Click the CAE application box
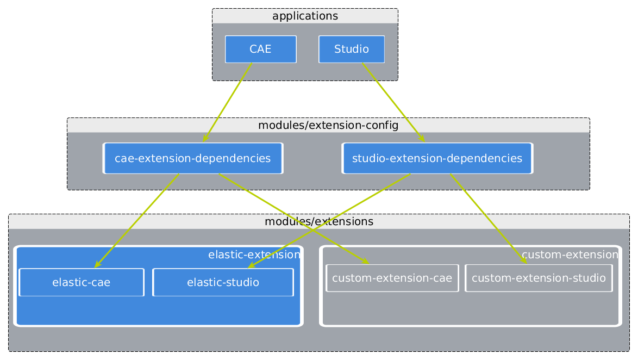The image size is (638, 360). coord(260,49)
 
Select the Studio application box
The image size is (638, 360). coord(351,49)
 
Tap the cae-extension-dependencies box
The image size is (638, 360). coord(192,159)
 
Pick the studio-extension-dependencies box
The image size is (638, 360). coord(437,159)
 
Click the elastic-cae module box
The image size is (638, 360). coord(81,282)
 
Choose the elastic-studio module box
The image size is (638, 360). coord(223,282)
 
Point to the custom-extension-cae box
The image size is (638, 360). coord(392,278)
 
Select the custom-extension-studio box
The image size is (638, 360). coord(539,278)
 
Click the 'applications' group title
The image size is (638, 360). coord(305,16)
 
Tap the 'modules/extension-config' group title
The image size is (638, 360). coord(328,126)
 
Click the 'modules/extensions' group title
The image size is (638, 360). coord(318,222)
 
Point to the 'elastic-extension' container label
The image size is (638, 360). coord(254,255)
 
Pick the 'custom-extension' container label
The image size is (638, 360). coord(570,255)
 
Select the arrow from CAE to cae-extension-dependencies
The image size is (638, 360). coord(227,102)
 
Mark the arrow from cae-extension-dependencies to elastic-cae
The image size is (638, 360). coord(137,220)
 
